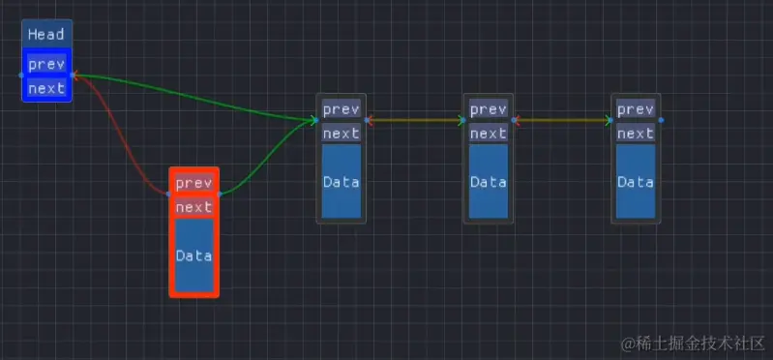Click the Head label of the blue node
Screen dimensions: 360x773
pyautogui.click(x=46, y=35)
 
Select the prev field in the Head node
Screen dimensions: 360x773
pyautogui.click(x=46, y=65)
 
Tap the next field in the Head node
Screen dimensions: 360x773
pyautogui.click(x=46, y=88)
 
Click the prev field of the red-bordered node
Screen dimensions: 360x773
pyautogui.click(x=193, y=183)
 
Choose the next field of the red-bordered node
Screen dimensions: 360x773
pyautogui.click(x=193, y=207)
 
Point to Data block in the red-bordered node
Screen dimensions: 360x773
pyautogui.click(x=193, y=255)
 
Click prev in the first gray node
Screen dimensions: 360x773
pyautogui.click(x=341, y=109)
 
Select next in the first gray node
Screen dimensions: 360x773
pyautogui.click(x=341, y=134)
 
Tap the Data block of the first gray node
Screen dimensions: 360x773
pyautogui.click(x=341, y=182)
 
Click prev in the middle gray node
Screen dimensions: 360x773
pyautogui.click(x=488, y=109)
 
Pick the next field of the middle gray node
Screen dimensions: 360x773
pyautogui.click(x=488, y=134)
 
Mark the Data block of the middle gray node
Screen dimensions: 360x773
pyautogui.click(x=488, y=182)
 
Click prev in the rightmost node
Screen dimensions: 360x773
pyautogui.click(x=636, y=109)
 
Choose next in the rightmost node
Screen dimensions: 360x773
pyautogui.click(x=636, y=134)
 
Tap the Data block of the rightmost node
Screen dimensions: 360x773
pyautogui.click(x=636, y=182)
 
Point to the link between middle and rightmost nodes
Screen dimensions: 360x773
pyautogui.click(x=563, y=121)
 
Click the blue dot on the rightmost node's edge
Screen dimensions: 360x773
pyautogui.click(x=661, y=121)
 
